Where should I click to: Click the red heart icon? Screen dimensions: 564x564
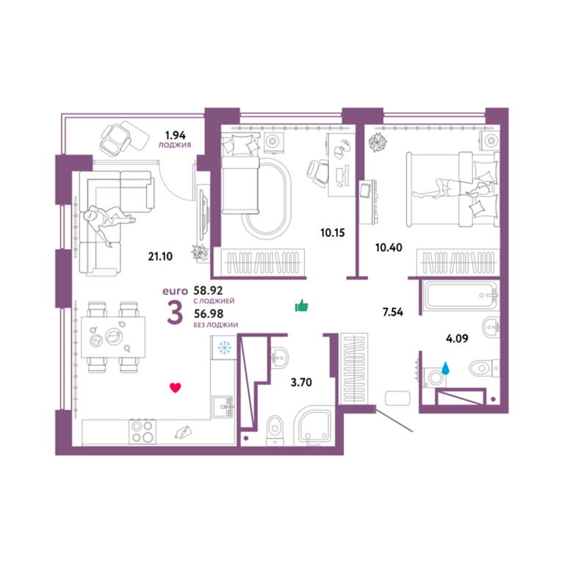176,388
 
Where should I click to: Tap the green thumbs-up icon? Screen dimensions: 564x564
301,305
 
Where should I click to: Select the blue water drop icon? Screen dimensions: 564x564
446,368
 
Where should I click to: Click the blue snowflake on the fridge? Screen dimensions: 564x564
225,348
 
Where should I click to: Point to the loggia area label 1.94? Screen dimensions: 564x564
176,135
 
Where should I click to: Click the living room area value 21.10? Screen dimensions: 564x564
160,256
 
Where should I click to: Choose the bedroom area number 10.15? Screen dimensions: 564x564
333,233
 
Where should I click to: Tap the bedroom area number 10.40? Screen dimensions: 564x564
388,247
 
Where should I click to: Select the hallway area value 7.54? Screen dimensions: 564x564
393,312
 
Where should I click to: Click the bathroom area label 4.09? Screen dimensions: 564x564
458,339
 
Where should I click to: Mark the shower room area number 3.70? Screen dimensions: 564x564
301,382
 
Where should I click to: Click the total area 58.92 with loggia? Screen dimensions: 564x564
209,290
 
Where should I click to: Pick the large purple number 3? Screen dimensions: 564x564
176,312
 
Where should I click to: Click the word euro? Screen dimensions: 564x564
176,291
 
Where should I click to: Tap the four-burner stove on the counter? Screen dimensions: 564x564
142,431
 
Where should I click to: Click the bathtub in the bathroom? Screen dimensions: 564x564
460,295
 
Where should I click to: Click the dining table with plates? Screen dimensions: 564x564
113,337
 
